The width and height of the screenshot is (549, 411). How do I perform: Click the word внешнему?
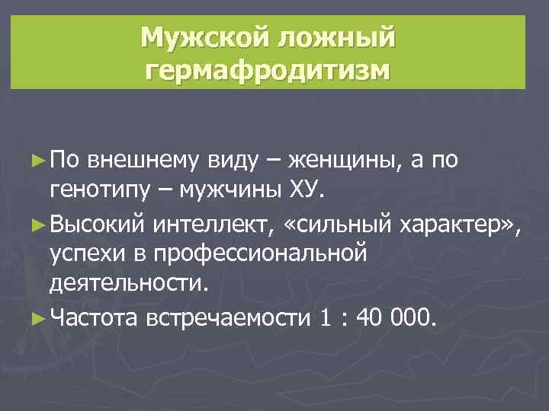pyautogui.click(x=143, y=161)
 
